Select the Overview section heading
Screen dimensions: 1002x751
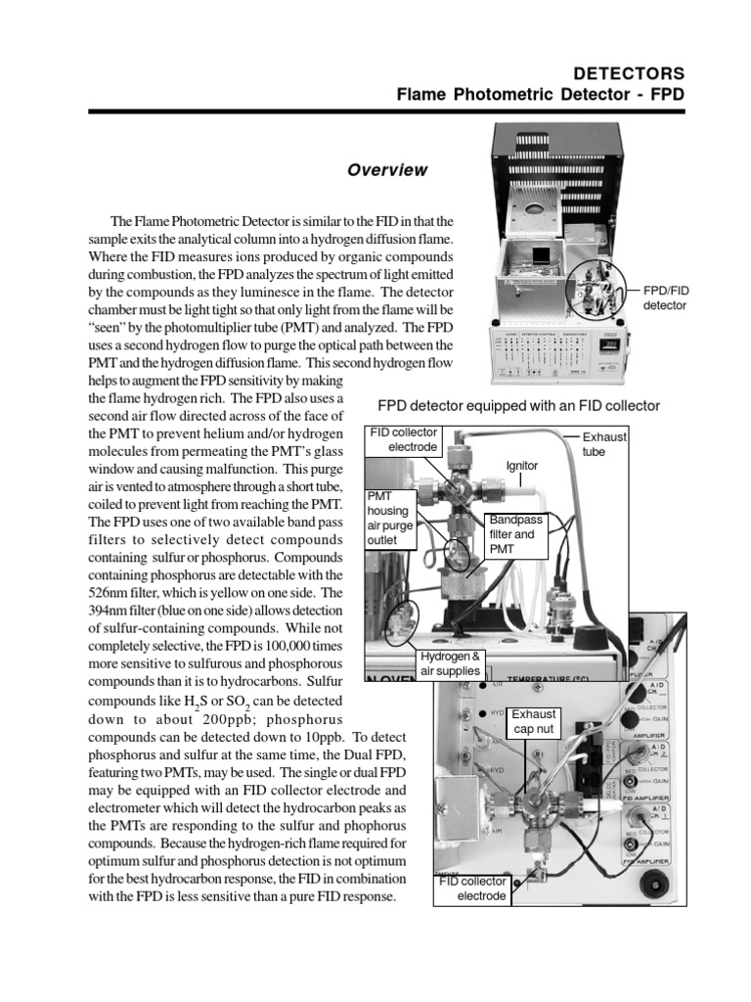pos(387,170)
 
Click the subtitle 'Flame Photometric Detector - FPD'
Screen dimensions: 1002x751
pos(541,96)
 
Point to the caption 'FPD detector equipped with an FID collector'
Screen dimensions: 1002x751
pos(518,405)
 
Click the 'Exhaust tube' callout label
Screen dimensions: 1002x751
pos(604,444)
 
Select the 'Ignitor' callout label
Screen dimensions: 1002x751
pos(521,466)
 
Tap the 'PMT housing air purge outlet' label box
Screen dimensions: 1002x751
pos(387,518)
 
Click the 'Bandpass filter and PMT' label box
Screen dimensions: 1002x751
pos(514,534)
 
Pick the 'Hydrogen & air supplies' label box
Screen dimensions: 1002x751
pos(451,662)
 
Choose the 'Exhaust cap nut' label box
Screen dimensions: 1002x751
pos(533,721)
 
